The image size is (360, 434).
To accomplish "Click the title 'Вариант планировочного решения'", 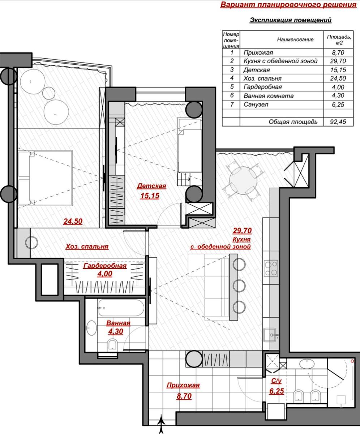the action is pyautogui.click(x=288, y=5).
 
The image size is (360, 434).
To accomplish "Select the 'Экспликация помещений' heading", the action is pyautogui.click(x=291, y=20).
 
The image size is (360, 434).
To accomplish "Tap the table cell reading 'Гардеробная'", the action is pyautogui.click(x=262, y=87).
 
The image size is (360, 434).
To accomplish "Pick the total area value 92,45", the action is pyautogui.click(x=338, y=122).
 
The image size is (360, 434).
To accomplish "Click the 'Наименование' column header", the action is pyautogui.click(x=295, y=39).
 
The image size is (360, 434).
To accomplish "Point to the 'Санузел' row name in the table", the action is pyautogui.click(x=256, y=105).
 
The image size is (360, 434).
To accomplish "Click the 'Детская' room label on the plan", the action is pyautogui.click(x=151, y=186).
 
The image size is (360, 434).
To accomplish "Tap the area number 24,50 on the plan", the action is pyautogui.click(x=73, y=222).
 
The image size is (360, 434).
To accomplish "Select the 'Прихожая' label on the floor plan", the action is pyautogui.click(x=183, y=385).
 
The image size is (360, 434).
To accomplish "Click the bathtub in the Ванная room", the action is pyautogui.click(x=121, y=308).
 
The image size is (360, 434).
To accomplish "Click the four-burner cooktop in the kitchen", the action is pyautogui.click(x=271, y=268).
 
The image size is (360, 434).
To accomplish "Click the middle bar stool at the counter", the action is pyautogui.click(x=239, y=286).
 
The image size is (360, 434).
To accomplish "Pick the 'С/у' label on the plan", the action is pyautogui.click(x=277, y=381).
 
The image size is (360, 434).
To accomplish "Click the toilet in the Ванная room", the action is pyautogui.click(x=112, y=345).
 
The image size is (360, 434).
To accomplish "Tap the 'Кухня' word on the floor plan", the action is pyautogui.click(x=241, y=239).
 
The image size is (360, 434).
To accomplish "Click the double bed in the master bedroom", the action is pyautogui.click(x=45, y=178).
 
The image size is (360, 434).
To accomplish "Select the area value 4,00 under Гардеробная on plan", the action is pyautogui.click(x=105, y=274).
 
